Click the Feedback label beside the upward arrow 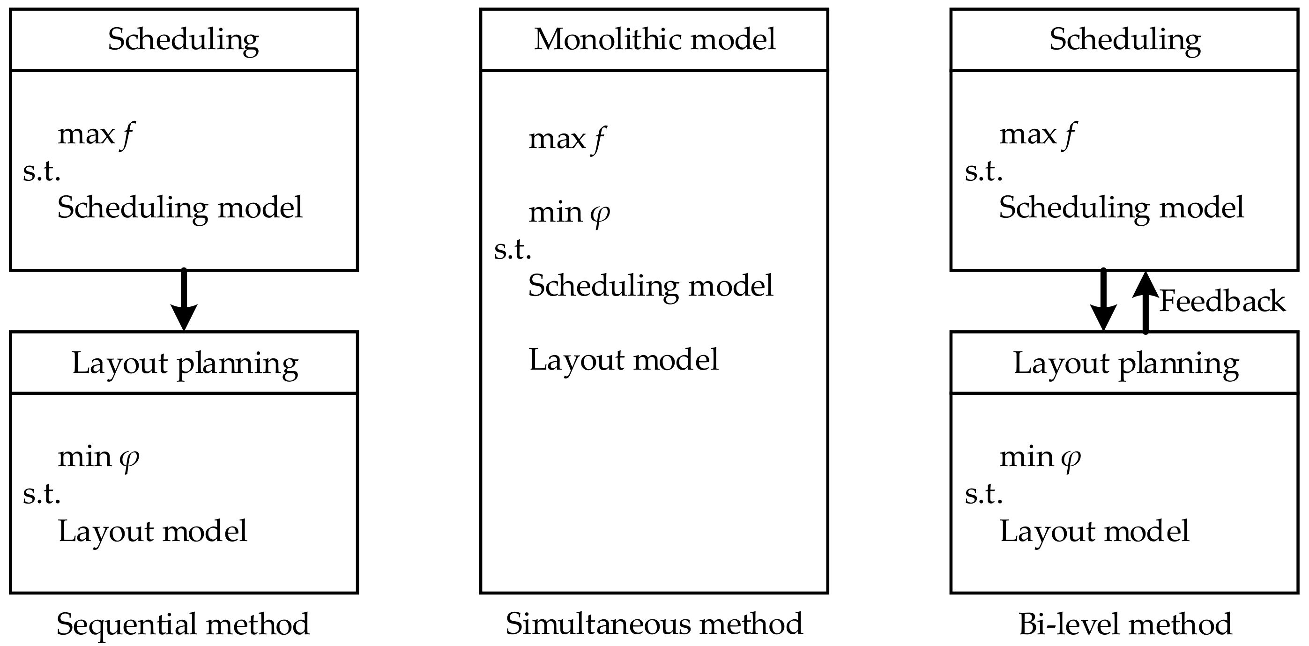(1222, 301)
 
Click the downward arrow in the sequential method (184, 300)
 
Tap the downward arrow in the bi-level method (1103, 300)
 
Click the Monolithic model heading (654, 39)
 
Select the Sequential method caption (183, 624)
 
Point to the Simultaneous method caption (654, 624)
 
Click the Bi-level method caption (1125, 624)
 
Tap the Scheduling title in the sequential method (184, 40)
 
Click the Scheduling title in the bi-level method (1125, 40)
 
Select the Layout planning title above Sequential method (185, 364)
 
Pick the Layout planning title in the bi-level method (1126, 364)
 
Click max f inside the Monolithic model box (566, 139)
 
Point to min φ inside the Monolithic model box (569, 213)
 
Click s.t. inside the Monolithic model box (512, 249)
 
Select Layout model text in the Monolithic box (624, 359)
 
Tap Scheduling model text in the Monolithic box (650, 286)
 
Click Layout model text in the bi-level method (1094, 531)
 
